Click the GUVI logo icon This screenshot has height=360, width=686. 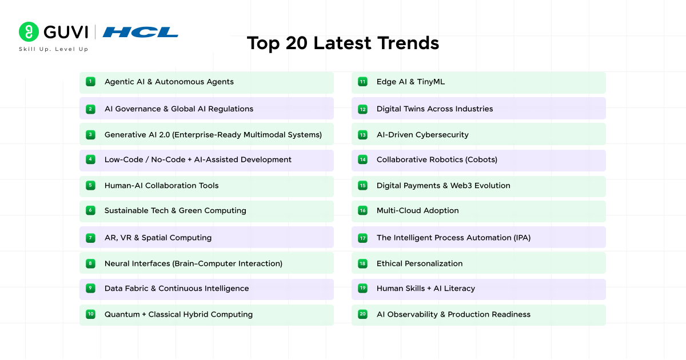[x=29, y=32]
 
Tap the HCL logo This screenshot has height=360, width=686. [x=141, y=32]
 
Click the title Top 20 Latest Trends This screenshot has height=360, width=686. [x=343, y=43]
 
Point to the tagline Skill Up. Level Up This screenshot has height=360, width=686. [x=53, y=49]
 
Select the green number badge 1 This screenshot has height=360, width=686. [x=90, y=82]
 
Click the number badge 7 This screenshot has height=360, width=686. [x=90, y=238]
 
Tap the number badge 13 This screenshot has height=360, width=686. [x=362, y=135]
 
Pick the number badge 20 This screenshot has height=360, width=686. [x=362, y=314]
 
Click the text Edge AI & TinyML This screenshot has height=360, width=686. [x=410, y=82]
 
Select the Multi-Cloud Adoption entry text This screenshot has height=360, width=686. [x=417, y=211]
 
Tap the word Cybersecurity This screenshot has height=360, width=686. [x=442, y=135]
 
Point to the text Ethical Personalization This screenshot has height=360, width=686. [x=420, y=263]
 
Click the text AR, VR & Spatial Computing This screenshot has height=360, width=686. [x=158, y=238]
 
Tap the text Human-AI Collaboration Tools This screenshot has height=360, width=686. [x=161, y=186]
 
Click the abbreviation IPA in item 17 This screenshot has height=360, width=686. [x=520, y=238]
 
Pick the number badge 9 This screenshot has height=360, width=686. [x=90, y=289]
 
